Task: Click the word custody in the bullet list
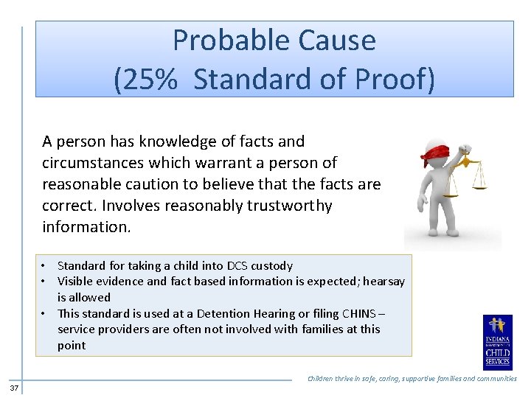[273, 265]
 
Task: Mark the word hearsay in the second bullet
[382, 281]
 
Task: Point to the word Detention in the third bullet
[237, 313]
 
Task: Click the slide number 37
[15, 388]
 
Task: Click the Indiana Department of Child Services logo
[498, 343]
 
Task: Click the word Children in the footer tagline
[324, 379]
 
